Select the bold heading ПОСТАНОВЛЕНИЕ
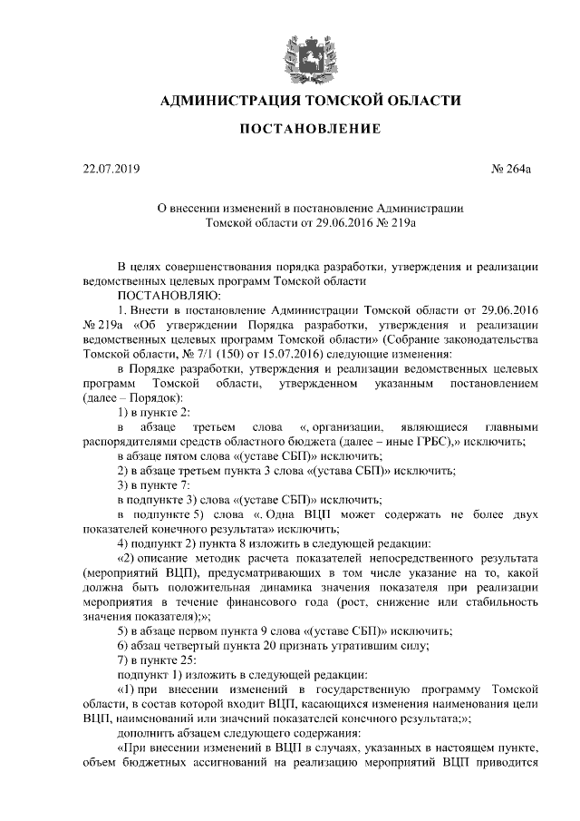pos(310,131)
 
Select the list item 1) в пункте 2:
pos(154,412)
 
